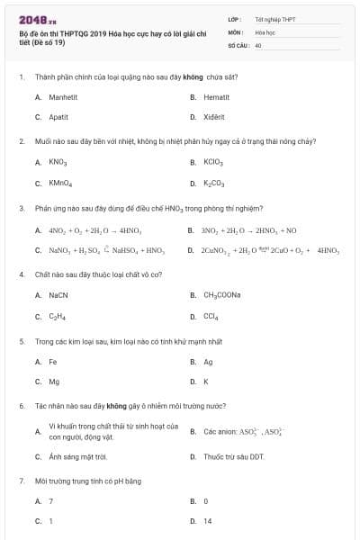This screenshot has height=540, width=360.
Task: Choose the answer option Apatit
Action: [57, 117]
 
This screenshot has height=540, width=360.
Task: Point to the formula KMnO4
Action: [59, 183]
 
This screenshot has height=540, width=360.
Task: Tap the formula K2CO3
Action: [213, 183]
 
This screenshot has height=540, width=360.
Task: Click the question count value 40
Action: [258, 44]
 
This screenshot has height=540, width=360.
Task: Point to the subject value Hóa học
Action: [265, 31]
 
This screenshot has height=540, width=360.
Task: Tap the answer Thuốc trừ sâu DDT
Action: [233, 456]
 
